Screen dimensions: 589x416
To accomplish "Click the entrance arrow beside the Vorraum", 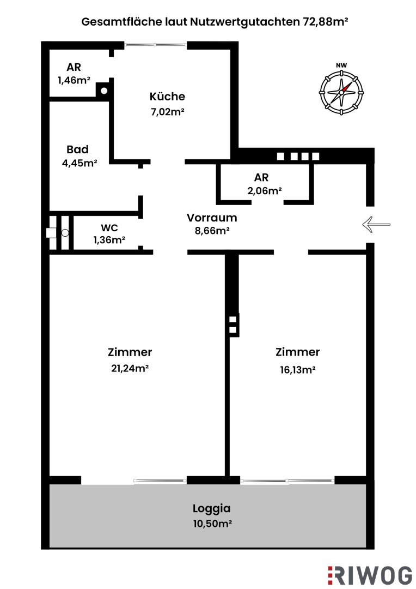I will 376,224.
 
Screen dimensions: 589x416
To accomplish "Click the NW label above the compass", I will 341,66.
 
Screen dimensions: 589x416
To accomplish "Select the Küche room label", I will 167,97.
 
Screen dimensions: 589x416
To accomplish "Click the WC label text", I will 109,227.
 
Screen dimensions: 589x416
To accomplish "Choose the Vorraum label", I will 212,218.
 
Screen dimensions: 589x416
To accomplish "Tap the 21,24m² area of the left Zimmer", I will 130,368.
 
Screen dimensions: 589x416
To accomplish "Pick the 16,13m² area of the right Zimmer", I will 297,369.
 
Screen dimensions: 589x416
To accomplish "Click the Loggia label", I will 211,508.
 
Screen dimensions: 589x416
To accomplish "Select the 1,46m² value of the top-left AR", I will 74,80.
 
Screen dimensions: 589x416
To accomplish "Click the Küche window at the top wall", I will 156,45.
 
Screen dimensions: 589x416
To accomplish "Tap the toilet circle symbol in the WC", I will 65,233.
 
